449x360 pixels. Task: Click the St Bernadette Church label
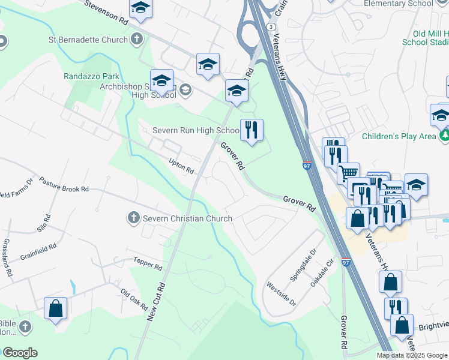tap(88, 40)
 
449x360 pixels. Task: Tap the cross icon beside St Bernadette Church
tap(137, 40)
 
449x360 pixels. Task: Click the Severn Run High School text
tap(195, 130)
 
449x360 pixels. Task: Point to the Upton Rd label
tap(181, 167)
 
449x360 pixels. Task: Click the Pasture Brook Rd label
tap(64, 184)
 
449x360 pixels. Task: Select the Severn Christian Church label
tap(187, 218)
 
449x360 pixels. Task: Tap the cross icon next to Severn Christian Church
tap(133, 218)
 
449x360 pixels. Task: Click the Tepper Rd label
tap(148, 265)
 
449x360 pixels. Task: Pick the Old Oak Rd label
tap(134, 299)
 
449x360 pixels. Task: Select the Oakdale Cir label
tap(322, 272)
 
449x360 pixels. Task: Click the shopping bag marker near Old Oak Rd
tap(55, 309)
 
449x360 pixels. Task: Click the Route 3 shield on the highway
tap(272, 28)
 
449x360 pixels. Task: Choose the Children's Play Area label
tap(398, 136)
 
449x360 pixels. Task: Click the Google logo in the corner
tap(20, 353)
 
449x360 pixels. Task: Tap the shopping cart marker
tap(348, 173)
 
